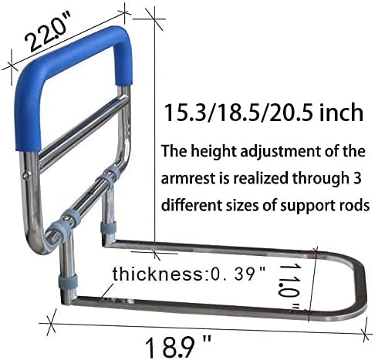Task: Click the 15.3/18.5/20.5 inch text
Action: pyautogui.click(x=263, y=113)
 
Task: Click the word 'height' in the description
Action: pyautogui.click(x=215, y=150)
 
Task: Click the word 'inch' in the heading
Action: pyautogui.click(x=340, y=113)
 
